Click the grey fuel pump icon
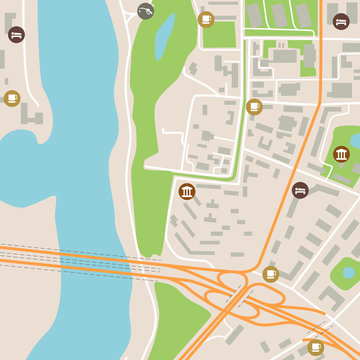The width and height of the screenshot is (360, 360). point(146,11)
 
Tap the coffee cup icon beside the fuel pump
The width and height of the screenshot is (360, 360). point(206,18)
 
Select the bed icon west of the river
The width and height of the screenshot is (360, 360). point(15,34)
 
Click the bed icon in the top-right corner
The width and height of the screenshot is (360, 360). point(341,20)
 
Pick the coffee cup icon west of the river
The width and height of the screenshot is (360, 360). point(12,98)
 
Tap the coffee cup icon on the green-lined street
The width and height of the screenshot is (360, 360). point(254,106)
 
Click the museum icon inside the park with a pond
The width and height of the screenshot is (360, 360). point(341,154)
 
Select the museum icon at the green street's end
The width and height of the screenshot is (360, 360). point(187,191)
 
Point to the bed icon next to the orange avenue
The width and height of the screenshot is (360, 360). point(299,189)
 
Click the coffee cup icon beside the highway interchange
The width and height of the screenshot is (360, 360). point(270,274)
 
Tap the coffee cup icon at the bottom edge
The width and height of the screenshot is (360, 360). point(316,347)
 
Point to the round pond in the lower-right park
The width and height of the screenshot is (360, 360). point(347,270)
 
